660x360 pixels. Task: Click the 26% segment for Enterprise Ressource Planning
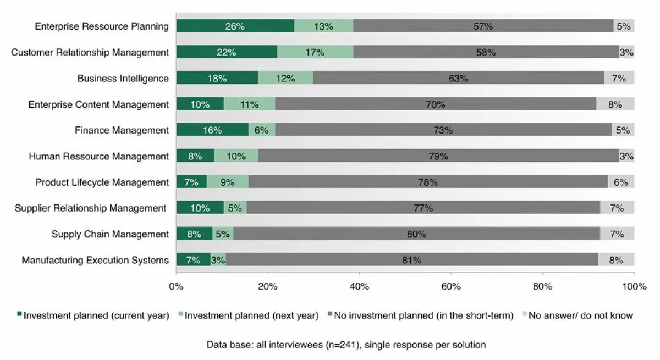pos(235,26)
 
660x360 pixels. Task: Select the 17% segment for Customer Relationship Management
pos(315,52)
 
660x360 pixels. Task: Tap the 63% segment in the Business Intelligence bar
pos(458,79)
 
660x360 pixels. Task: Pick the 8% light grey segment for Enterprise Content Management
pos(615,104)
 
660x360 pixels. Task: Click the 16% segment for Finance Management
pos(212,130)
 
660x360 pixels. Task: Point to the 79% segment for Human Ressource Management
pos(438,157)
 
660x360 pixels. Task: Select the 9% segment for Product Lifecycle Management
pos(227,182)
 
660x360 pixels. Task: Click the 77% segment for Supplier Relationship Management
pos(424,208)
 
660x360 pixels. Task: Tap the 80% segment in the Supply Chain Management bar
pos(416,234)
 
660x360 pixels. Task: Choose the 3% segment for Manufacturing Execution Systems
pos(218,260)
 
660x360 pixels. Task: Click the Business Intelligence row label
pos(123,79)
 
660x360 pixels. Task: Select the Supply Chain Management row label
pos(110,234)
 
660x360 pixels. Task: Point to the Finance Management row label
pos(122,130)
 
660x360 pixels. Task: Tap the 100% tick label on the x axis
pos(634,286)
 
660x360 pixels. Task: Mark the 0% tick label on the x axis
pos(176,286)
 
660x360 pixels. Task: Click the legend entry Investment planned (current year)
pos(94,315)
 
